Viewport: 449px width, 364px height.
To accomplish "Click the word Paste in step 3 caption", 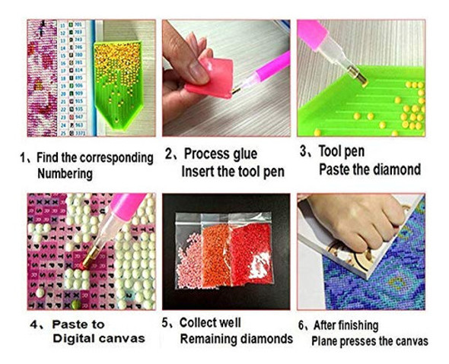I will click(337, 169).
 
